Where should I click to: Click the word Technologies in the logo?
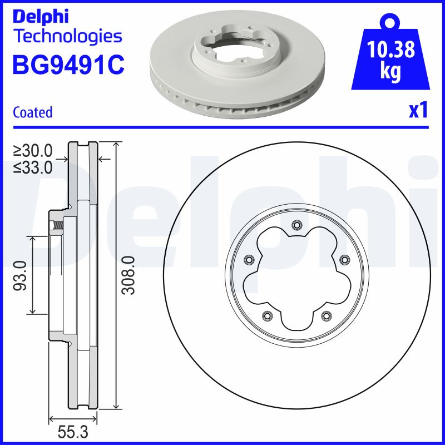click(67, 37)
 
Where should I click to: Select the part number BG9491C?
click(68, 65)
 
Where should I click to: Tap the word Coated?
click(32, 112)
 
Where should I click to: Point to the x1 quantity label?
click(418, 111)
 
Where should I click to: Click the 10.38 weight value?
click(391, 51)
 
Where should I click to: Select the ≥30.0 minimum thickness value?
click(33, 150)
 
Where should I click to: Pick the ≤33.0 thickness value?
click(33, 166)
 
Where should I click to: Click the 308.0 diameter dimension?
click(129, 275)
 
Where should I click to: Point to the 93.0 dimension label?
click(21, 275)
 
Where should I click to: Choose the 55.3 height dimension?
click(73, 431)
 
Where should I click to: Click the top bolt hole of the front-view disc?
click(296, 225)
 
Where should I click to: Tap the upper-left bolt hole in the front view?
click(249, 259)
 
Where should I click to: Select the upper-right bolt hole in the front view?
click(343, 259)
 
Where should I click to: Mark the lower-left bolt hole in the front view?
click(267, 315)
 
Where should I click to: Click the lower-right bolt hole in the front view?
click(325, 315)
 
